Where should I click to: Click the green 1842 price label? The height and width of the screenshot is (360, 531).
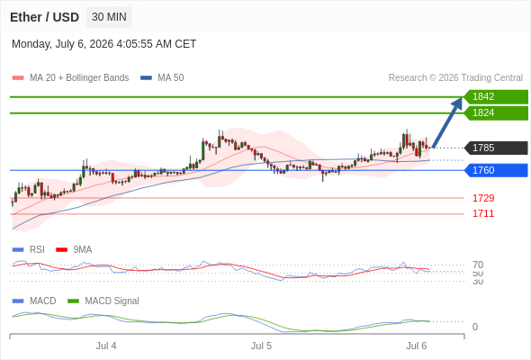[496, 96]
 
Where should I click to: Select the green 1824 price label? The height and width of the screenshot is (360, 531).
[496, 112]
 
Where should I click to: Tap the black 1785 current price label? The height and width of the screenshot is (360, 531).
[496, 148]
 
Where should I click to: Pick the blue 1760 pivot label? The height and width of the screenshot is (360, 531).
[496, 170]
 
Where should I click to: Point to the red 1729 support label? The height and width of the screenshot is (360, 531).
[483, 198]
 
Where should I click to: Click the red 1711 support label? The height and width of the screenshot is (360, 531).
[483, 213]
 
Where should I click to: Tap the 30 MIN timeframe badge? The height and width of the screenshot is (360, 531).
[109, 17]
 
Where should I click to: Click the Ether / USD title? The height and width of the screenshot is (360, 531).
[44, 17]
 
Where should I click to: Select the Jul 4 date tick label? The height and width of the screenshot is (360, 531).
[106, 346]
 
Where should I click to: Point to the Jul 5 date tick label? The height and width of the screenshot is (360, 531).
[261, 346]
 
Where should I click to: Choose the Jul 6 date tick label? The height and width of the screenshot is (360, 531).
[417, 346]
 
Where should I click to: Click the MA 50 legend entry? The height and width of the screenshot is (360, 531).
[162, 78]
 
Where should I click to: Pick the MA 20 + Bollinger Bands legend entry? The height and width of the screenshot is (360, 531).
[70, 78]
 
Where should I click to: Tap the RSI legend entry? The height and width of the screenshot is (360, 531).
[29, 249]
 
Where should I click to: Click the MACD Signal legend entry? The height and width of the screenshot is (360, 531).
[103, 301]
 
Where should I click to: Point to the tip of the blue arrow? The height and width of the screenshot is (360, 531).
[462, 98]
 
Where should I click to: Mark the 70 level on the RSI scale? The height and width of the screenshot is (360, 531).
[478, 265]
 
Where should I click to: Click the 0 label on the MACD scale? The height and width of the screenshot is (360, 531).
[475, 327]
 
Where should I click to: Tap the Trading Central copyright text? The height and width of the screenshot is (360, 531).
[455, 78]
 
